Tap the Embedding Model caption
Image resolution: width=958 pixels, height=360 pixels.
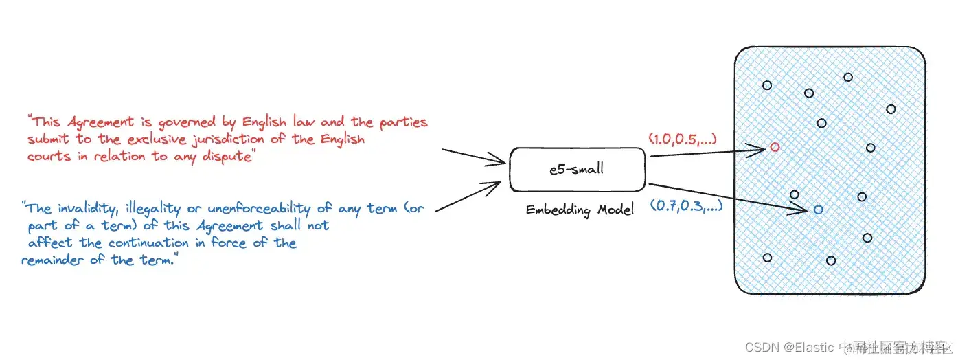579,210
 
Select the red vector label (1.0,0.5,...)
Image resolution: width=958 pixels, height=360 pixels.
683,139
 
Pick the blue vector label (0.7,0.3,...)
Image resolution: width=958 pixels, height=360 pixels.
685,205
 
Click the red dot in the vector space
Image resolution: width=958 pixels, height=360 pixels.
775,147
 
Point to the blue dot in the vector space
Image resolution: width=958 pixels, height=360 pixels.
818,209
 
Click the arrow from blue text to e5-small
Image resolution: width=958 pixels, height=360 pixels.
470,196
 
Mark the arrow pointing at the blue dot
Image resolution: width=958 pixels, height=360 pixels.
728,196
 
